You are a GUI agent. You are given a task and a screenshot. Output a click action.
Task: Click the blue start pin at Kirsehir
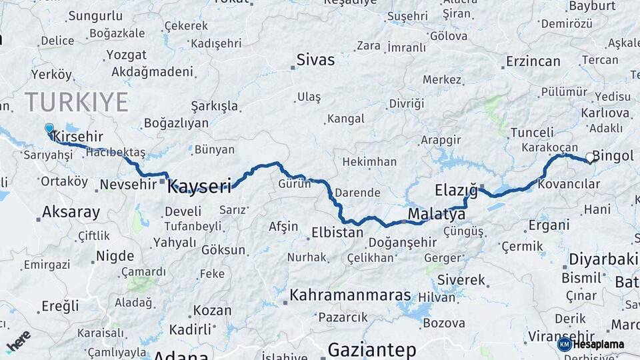[x=49, y=129]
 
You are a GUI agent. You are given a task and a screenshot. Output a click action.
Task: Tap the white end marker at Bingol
[x=589, y=158]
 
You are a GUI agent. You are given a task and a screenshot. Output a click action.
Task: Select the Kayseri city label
[x=199, y=186]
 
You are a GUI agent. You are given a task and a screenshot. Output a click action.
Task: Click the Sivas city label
[x=315, y=61]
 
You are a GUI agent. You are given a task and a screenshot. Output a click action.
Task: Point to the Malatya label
[x=436, y=215]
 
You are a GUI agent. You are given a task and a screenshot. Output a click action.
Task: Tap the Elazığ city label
[x=457, y=190]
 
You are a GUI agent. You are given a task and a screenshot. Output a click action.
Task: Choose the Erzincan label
[x=533, y=61]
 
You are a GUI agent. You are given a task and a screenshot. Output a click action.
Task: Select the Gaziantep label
[x=372, y=349]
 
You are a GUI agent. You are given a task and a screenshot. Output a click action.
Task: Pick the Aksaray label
[x=71, y=213]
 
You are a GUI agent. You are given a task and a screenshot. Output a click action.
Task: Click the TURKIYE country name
[x=77, y=102]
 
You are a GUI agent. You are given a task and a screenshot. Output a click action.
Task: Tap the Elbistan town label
[x=337, y=233]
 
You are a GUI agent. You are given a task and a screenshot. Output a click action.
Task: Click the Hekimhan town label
[x=369, y=162]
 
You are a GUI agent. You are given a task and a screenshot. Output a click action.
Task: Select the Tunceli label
[x=532, y=132]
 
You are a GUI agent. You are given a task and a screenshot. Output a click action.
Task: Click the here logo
[x=17, y=341]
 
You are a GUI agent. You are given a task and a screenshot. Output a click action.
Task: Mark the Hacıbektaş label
[x=115, y=153]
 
